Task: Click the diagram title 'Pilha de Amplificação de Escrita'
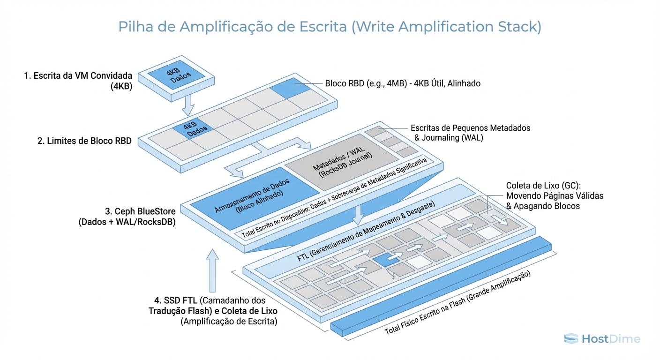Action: (330, 26)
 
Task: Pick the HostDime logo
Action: (602, 338)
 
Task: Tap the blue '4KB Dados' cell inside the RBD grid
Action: (193, 129)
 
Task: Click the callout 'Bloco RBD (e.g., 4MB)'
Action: (403, 83)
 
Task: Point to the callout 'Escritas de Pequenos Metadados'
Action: (470, 127)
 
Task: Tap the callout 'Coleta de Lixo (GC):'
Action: (543, 185)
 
